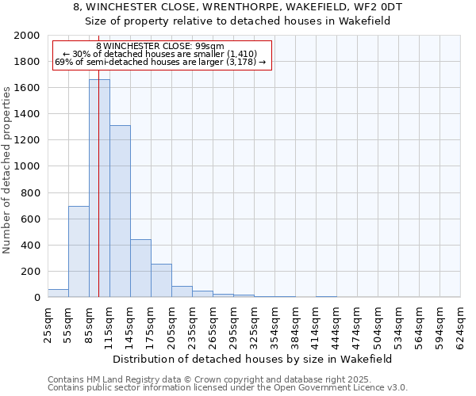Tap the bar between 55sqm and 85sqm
79,252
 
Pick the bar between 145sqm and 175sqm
140,268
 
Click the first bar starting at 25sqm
58,293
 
